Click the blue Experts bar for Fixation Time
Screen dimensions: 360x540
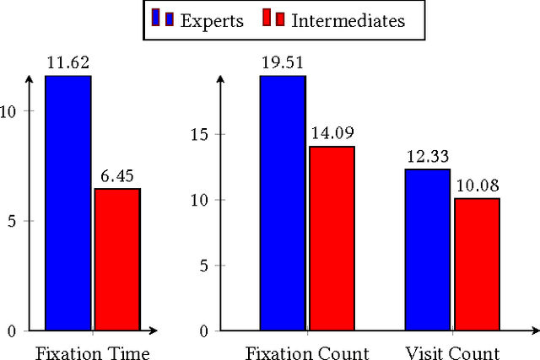coord(67,203)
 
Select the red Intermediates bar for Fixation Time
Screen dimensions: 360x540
coord(116,260)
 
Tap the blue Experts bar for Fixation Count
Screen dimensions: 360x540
coord(283,203)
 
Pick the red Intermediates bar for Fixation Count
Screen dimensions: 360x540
coord(331,239)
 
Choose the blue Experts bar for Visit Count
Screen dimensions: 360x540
coord(427,250)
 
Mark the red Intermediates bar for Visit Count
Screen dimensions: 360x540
coord(476,265)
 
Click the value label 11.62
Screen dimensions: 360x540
coord(67,62)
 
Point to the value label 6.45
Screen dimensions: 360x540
coord(116,175)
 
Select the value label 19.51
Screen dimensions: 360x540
coord(283,62)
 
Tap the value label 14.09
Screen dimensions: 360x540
coord(331,132)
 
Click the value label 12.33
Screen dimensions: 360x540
coord(427,156)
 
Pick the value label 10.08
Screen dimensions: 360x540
coord(476,185)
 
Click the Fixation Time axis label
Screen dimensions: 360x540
coord(92,352)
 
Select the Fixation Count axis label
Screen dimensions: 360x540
coord(307,352)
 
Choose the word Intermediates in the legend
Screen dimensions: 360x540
coord(348,19)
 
